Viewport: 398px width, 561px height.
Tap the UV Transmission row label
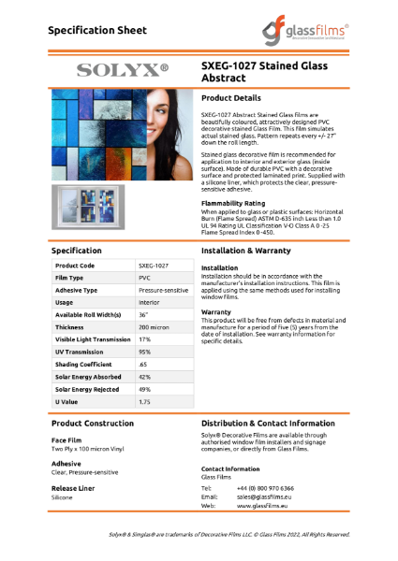tap(78, 352)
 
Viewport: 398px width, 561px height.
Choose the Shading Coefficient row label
tap(82, 364)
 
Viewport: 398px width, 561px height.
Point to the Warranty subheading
tap(216, 312)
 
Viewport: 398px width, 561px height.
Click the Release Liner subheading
tap(73, 488)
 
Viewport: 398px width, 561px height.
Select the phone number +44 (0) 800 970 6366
tap(265, 488)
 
